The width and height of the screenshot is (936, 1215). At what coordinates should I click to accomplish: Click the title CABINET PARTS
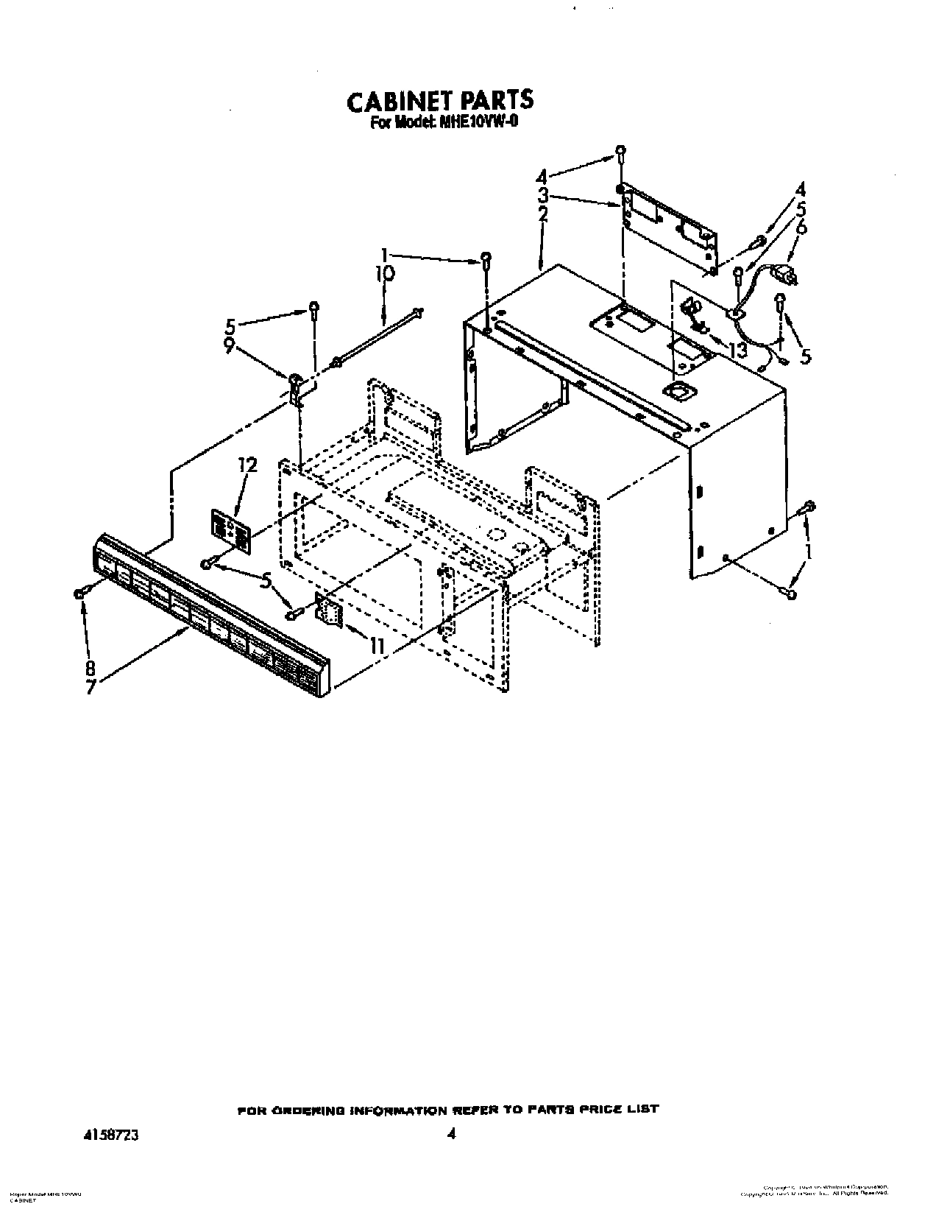click(x=439, y=101)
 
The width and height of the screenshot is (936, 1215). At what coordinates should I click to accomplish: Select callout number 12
click(x=247, y=465)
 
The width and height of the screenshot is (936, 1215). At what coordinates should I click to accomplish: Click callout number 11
click(x=376, y=646)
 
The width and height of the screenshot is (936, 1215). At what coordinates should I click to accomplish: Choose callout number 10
click(x=384, y=274)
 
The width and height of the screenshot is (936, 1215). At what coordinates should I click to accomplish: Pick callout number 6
click(x=801, y=227)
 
